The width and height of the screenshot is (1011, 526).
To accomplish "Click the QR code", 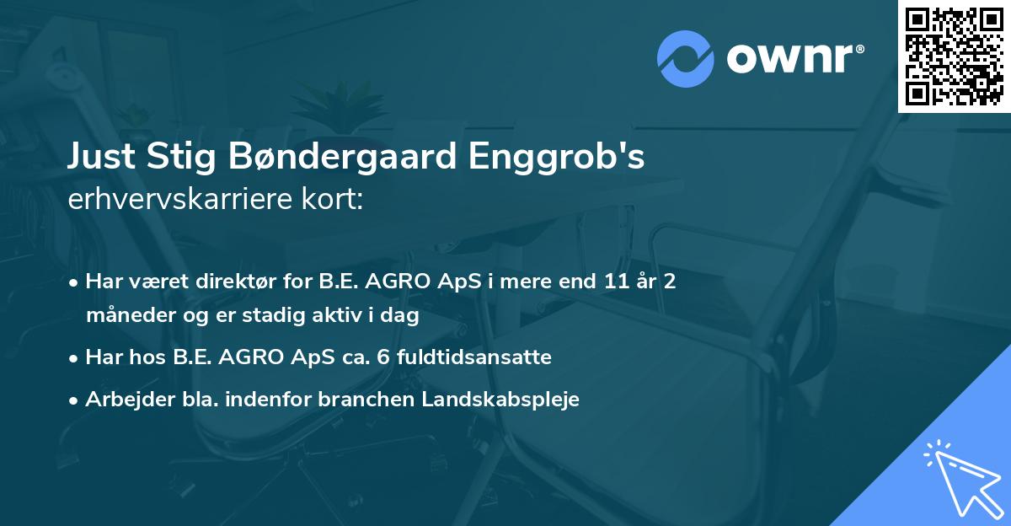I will pyautogui.click(x=955, y=56).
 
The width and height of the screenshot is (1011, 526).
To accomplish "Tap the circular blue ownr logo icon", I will pyautogui.click(x=686, y=59).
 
